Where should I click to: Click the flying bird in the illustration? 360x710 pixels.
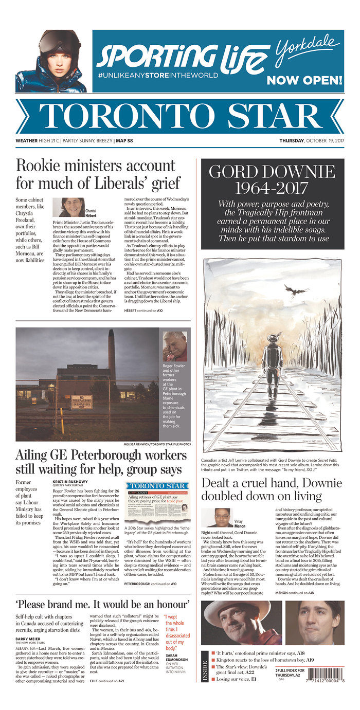coord(295,292)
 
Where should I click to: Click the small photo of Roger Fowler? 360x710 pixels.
coord(175,347)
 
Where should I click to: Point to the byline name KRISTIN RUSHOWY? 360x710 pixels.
coord(69,482)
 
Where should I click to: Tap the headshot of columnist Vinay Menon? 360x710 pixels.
coord(218,517)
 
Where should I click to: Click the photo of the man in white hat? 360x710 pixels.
coord(241,623)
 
